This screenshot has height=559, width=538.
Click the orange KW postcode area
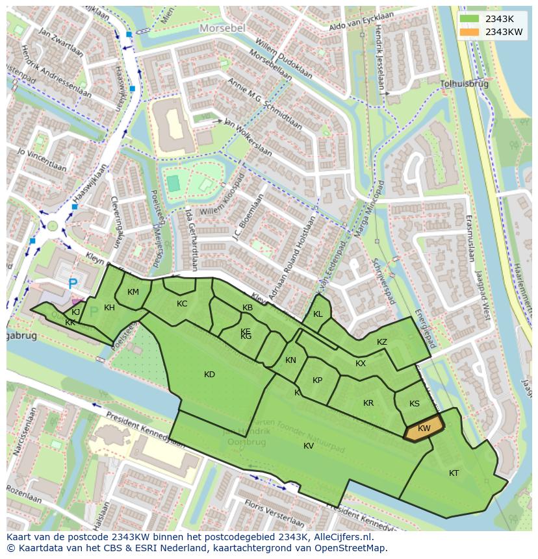[424, 429]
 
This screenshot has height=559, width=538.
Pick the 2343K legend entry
[499, 19]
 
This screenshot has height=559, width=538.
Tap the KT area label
[454, 473]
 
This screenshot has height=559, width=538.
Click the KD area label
[209, 375]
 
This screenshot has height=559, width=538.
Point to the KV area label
[309, 445]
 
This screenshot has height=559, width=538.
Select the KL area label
[318, 314]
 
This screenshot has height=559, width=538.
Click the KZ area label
[382, 342]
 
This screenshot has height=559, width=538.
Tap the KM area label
[133, 292]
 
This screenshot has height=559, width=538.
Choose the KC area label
[182, 304]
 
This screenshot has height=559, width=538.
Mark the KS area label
[415, 404]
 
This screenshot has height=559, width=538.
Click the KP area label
[317, 380]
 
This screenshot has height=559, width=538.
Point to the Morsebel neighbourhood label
[222, 29]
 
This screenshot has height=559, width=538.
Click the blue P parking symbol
[73, 284]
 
